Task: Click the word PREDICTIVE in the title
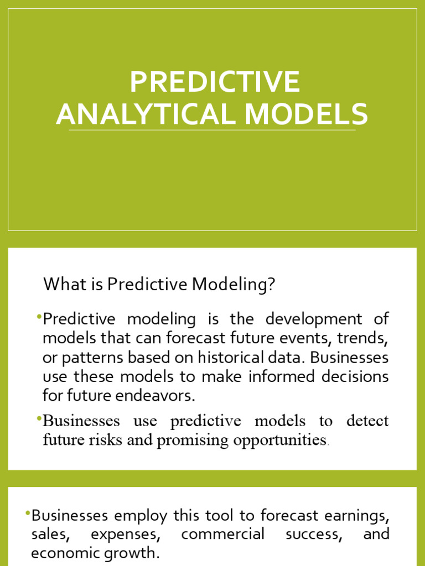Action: (215, 82)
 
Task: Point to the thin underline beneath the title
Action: (212, 130)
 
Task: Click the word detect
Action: (367, 421)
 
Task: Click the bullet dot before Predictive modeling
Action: (39, 316)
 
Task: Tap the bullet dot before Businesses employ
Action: (28, 513)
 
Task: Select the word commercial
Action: (222, 534)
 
